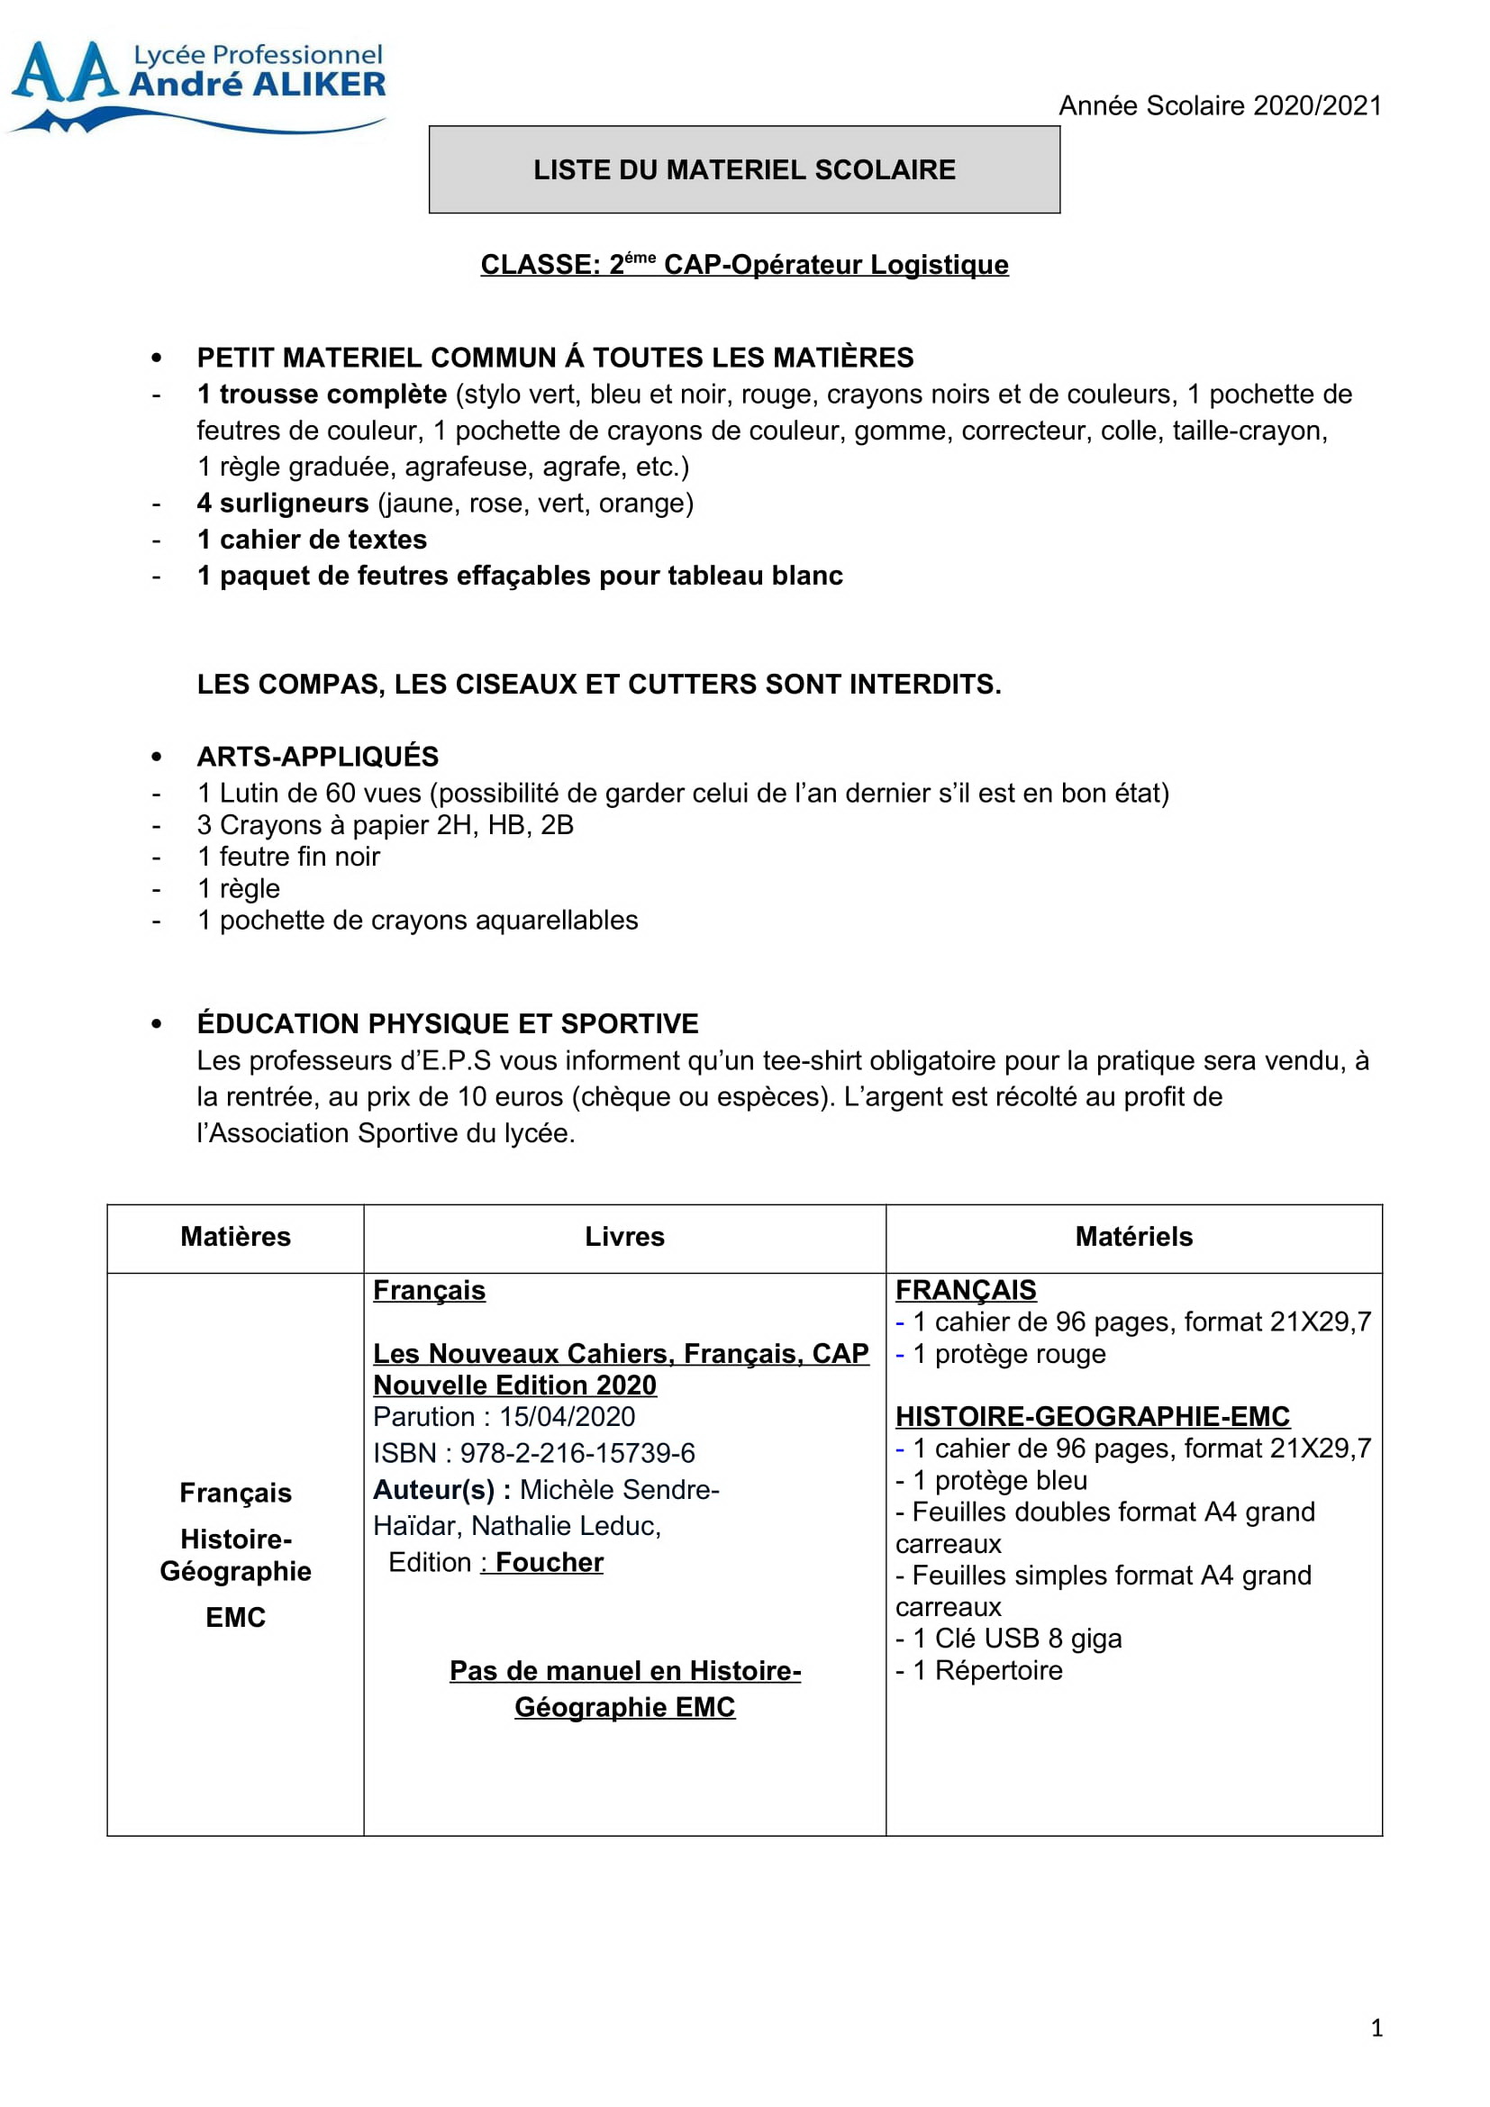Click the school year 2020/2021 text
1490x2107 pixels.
1220,105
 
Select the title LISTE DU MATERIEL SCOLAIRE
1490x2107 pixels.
744,169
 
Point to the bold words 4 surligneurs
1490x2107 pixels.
283,503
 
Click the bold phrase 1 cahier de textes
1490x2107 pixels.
312,540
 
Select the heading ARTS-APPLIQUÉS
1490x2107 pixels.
317,756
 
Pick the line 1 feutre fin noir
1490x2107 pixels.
288,856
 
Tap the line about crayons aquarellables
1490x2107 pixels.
417,920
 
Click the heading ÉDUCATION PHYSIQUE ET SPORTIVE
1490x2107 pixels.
448,1023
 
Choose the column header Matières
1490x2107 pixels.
236,1236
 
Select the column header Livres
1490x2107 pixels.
625,1236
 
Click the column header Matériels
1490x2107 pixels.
1134,1236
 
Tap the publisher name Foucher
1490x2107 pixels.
550,1562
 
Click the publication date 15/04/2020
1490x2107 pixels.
567,1416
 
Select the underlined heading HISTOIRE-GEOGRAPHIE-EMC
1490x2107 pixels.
1092,1416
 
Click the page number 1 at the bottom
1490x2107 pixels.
1376,2027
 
